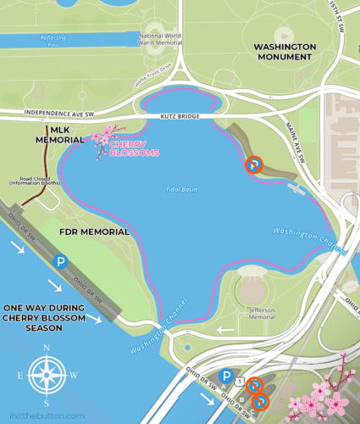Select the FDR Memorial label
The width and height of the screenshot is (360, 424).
pyautogui.click(x=94, y=232)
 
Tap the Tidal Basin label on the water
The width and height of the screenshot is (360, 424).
pyautogui.click(x=182, y=189)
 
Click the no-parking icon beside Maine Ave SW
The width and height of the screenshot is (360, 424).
pyautogui.click(x=252, y=166)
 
